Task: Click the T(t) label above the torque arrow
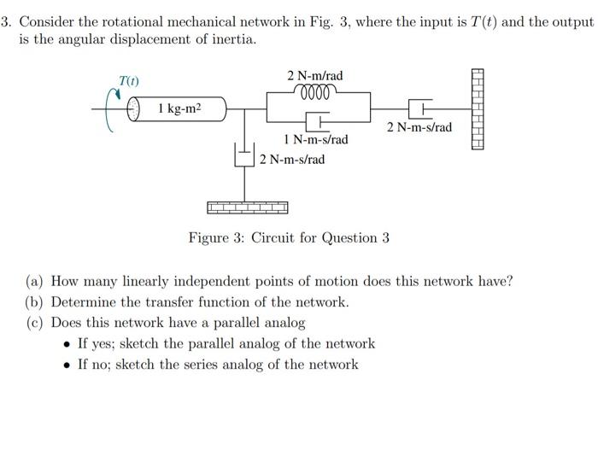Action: (x=129, y=81)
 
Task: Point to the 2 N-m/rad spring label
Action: (x=316, y=76)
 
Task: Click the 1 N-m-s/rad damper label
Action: (x=315, y=139)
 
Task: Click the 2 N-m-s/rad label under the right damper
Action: (x=419, y=128)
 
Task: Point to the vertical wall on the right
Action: (x=477, y=109)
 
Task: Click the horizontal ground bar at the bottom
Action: (x=248, y=208)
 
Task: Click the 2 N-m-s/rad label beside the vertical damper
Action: (x=292, y=159)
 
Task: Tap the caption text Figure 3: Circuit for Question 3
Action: (x=289, y=237)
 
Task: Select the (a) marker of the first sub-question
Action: (x=35, y=281)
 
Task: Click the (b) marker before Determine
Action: (x=35, y=302)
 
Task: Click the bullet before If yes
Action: (x=67, y=344)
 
